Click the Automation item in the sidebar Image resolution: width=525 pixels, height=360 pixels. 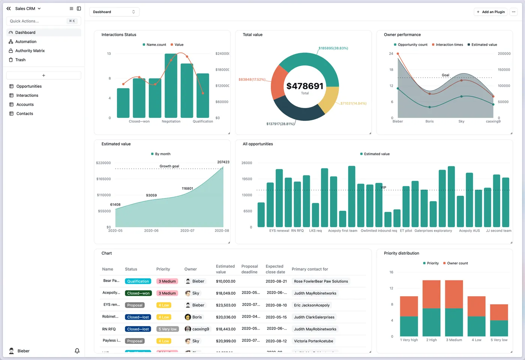[25, 42]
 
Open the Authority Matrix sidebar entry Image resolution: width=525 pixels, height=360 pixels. [30, 51]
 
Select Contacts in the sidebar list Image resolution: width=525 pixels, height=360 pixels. [24, 114]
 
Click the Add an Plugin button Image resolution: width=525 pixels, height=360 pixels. [490, 12]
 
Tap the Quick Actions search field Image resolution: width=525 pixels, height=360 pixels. [37, 21]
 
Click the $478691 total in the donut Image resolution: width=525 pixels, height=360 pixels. [304, 86]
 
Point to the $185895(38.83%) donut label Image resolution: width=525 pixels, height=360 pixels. [333, 48]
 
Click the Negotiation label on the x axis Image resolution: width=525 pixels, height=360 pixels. [171, 121]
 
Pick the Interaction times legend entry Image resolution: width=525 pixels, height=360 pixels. [449, 45]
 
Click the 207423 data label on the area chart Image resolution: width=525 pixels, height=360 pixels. [223, 162]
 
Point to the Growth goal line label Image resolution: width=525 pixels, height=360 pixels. [169, 166]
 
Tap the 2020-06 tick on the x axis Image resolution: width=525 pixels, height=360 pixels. [151, 231]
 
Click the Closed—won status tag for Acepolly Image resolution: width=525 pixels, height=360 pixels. [138, 293]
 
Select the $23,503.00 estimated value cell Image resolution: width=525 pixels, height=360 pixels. [226, 305]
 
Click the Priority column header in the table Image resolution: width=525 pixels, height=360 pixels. [163, 269]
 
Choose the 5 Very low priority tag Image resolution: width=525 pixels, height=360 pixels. [167, 329]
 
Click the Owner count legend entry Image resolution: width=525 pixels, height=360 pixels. [457, 263]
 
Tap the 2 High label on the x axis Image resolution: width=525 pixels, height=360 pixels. [431, 340]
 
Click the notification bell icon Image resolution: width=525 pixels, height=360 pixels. [77, 351]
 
